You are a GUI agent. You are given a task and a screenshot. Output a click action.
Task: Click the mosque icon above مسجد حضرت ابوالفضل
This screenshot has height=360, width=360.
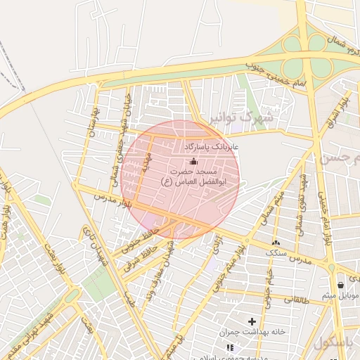[x=194, y=162]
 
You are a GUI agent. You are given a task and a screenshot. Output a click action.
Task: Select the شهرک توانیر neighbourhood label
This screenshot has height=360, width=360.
[x=245, y=115]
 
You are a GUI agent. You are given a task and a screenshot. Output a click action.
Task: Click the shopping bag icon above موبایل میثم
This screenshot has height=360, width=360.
[x=341, y=285]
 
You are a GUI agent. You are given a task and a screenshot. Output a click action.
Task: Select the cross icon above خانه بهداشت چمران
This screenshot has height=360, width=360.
[x=252, y=321]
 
